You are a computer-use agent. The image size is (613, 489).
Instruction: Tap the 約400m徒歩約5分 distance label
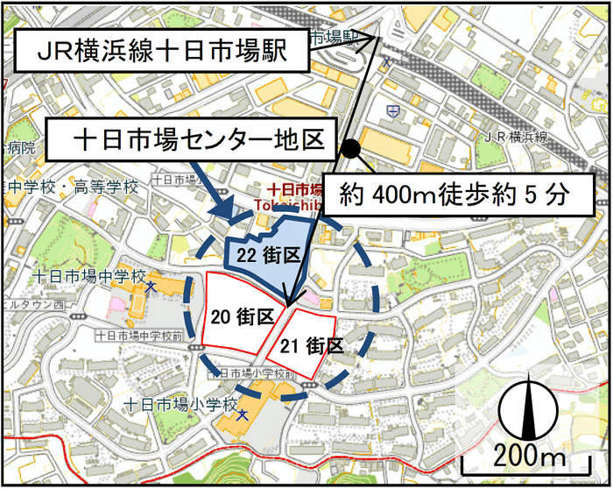click(454, 194)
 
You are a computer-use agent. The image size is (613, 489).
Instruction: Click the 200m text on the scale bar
click(531, 456)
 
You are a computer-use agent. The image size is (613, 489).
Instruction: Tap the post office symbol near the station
click(397, 111)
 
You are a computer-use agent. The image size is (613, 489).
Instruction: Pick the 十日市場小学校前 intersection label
click(246, 373)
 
